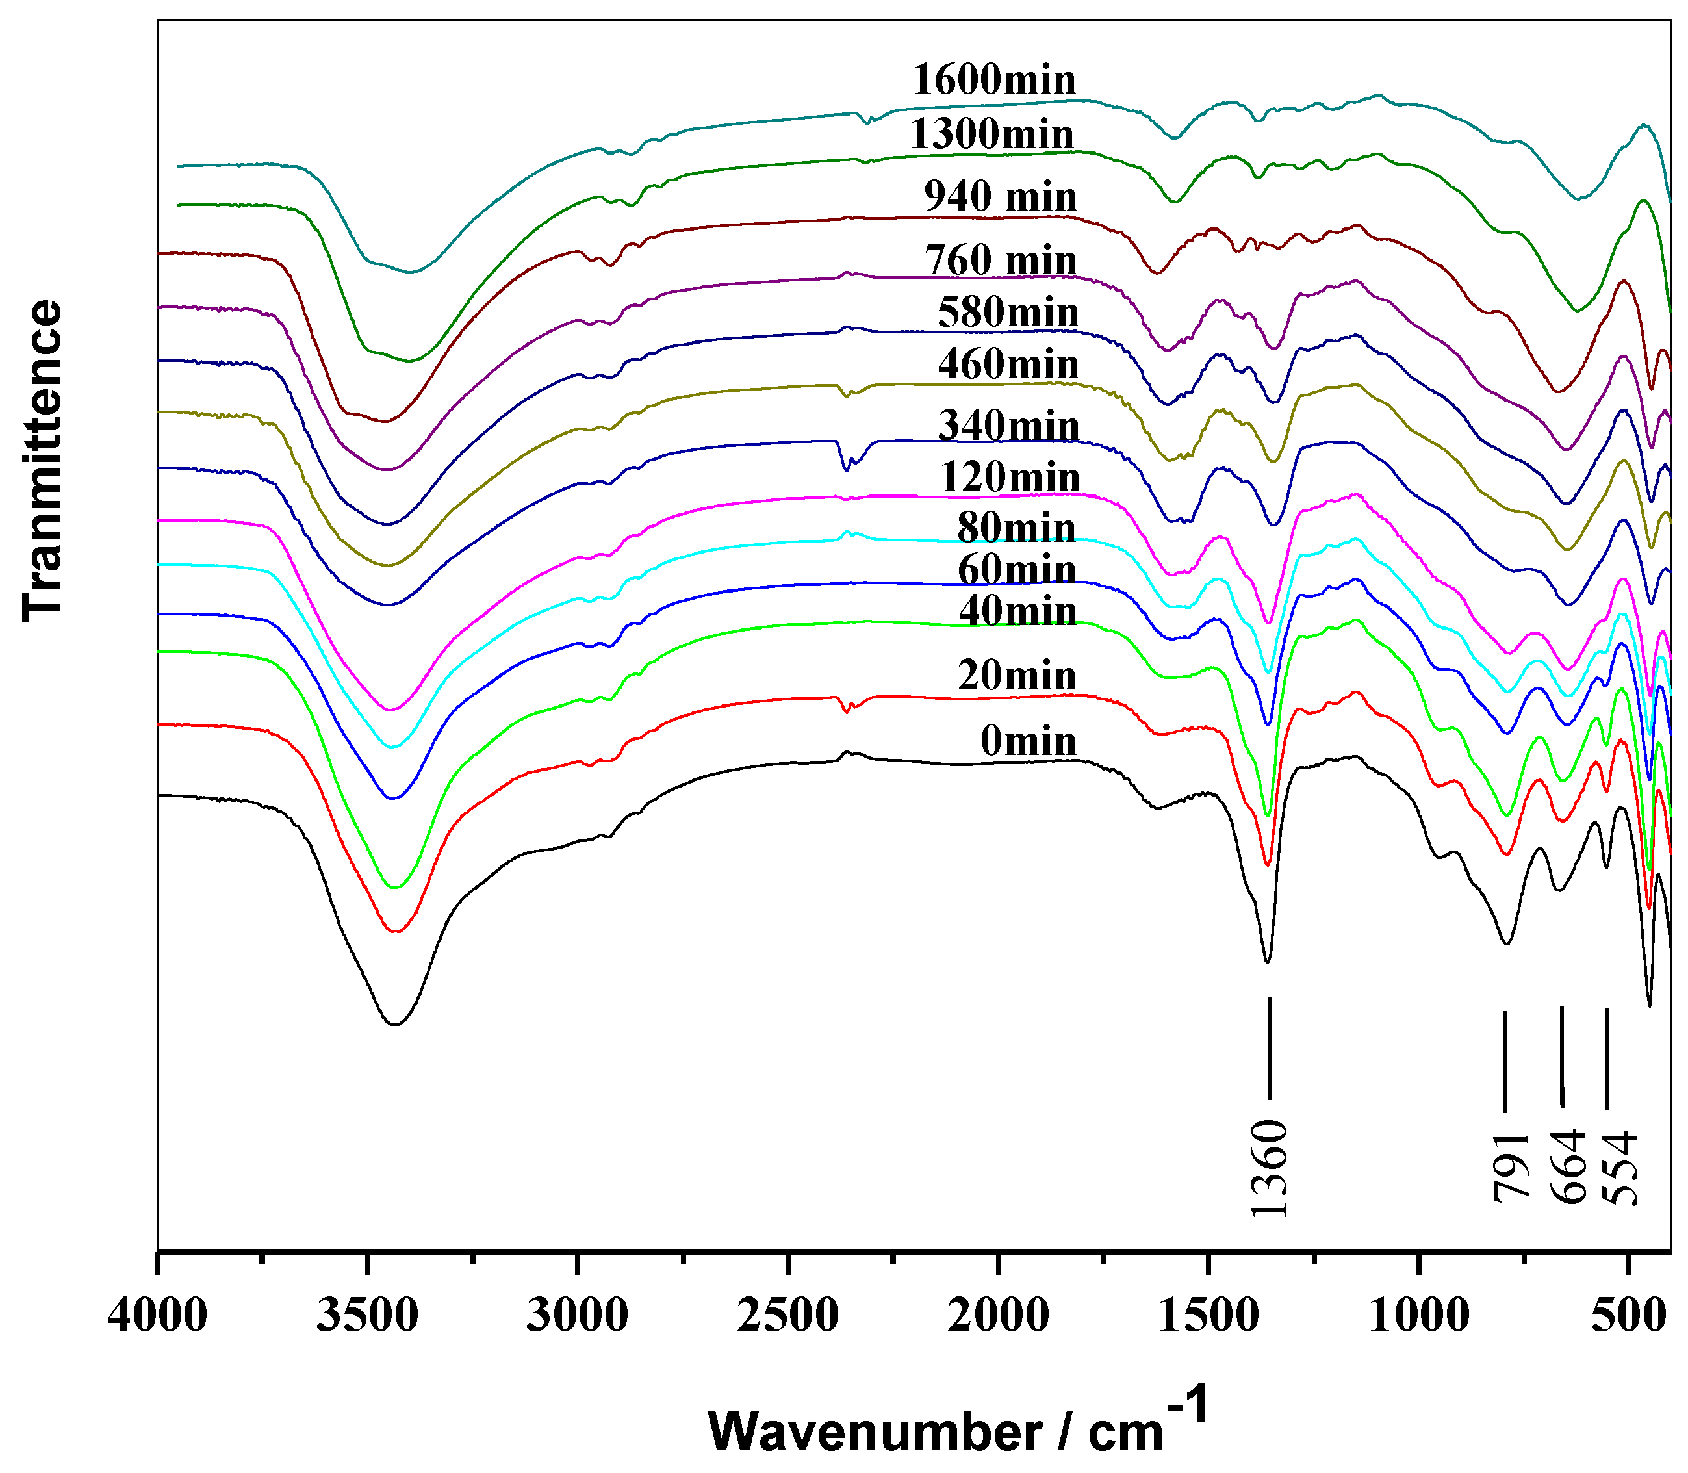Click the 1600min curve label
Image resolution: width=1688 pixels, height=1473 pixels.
click(993, 81)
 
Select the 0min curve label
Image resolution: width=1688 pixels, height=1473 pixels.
click(1027, 742)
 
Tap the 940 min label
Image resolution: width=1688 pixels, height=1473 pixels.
click(1000, 198)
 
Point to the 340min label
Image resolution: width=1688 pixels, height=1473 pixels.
click(1008, 426)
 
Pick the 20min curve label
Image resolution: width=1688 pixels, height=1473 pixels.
click(1017, 676)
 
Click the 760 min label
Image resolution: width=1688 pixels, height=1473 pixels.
click(1000, 261)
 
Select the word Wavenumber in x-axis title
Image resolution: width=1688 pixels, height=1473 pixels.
click(875, 1432)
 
